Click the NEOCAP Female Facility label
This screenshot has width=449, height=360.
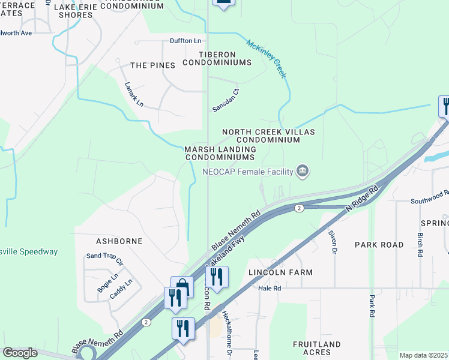click(x=247, y=172)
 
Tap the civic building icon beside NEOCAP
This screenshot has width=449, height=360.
click(x=303, y=172)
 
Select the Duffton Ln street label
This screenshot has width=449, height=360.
click(x=185, y=41)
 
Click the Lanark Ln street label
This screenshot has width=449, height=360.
click(x=134, y=94)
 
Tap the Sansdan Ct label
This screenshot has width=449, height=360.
click(x=226, y=100)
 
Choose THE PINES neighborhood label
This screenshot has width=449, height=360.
click(x=152, y=65)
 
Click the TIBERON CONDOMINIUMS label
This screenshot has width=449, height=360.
click(x=217, y=58)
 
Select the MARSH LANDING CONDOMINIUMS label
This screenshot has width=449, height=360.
click(x=220, y=153)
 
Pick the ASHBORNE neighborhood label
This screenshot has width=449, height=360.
click(x=119, y=241)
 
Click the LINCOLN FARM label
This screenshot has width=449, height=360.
click(x=280, y=272)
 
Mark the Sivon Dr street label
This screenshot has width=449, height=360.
click(x=332, y=241)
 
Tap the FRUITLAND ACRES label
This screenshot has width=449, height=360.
click(x=316, y=349)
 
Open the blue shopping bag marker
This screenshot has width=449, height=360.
click(x=182, y=286)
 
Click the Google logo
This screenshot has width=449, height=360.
click(x=20, y=353)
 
